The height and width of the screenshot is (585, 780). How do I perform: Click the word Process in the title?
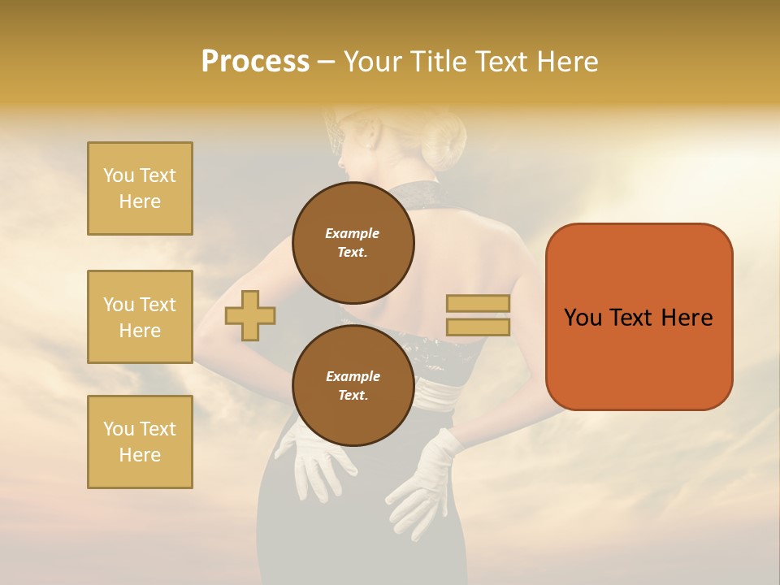255,62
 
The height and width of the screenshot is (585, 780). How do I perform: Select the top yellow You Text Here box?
140,188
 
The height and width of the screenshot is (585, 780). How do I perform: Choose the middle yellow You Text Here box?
140,317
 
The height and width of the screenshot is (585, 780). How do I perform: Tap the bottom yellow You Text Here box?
140,442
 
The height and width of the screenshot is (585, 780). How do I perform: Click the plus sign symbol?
250,315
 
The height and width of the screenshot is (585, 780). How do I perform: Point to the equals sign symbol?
478,315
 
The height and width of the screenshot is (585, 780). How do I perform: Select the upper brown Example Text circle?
353,242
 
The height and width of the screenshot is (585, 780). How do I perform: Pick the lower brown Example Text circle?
353,385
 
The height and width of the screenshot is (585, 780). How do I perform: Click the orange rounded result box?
639,317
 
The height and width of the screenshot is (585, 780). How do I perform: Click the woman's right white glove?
422,479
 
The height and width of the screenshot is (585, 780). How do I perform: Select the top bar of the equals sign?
478,304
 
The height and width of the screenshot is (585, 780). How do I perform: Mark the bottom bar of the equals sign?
478,327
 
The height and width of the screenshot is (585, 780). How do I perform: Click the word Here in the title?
563,62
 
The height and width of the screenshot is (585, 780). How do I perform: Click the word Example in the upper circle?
353,233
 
